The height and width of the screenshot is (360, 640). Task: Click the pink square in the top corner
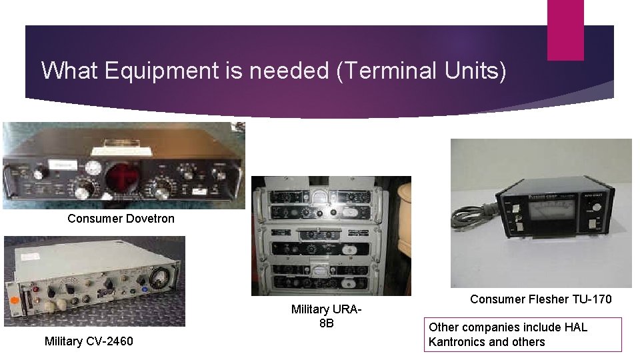(565, 29)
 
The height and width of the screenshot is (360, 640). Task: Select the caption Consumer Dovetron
(121, 219)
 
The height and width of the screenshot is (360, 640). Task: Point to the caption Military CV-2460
(89, 341)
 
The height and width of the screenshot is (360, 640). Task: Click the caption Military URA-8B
(326, 316)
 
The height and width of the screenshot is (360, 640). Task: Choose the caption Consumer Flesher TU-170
(540, 299)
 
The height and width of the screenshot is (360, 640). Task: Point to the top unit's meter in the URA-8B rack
(322, 194)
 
